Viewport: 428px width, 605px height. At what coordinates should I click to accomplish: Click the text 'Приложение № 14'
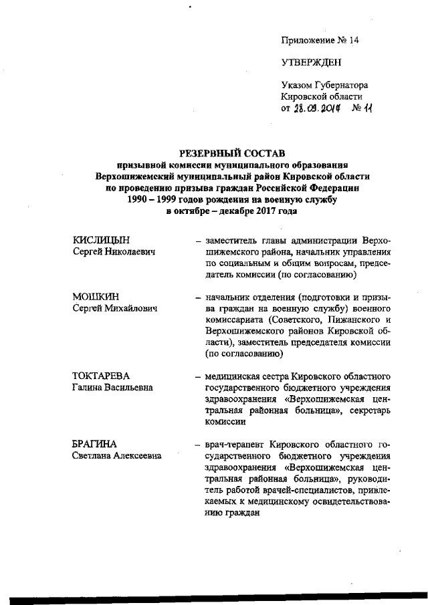tap(320, 41)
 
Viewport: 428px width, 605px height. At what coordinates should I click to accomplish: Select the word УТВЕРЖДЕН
tap(310, 63)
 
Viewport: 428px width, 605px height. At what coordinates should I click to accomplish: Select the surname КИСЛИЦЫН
tap(101, 240)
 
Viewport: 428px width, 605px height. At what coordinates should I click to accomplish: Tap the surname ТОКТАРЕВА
tap(100, 376)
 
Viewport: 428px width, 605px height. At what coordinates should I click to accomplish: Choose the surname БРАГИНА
tap(95, 444)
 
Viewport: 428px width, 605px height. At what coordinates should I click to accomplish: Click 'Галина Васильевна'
tap(112, 388)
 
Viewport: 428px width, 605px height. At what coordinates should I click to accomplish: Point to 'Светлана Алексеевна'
tap(117, 456)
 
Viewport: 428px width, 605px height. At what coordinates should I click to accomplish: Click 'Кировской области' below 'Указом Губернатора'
tap(322, 97)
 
